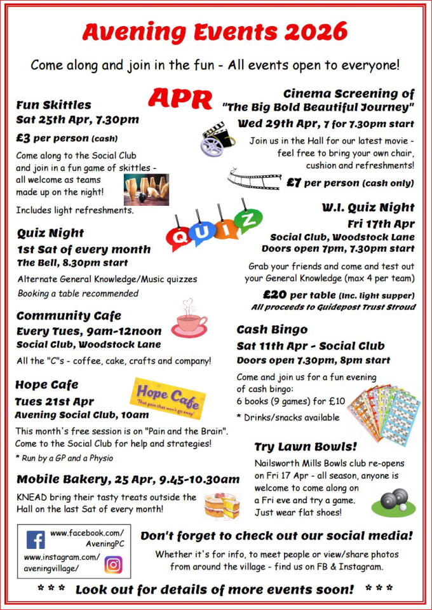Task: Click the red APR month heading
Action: tap(180, 98)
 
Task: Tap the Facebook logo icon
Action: tap(36, 540)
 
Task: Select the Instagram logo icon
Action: tap(113, 564)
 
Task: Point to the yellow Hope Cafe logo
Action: tap(168, 395)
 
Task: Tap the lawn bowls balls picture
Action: tap(389, 501)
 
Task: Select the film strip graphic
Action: tap(253, 180)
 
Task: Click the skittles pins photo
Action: tap(146, 189)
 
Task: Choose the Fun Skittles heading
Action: tap(54, 105)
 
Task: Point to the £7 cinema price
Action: tap(294, 183)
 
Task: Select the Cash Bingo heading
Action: tap(272, 330)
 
